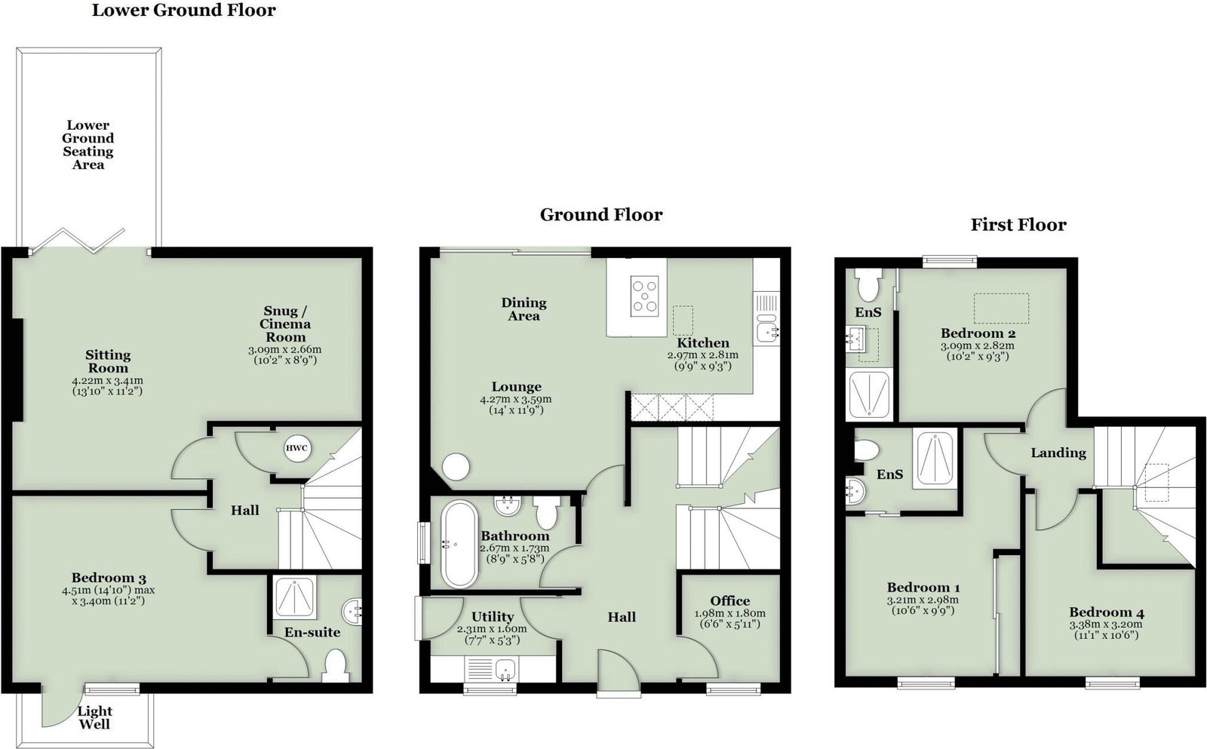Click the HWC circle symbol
pyautogui.click(x=297, y=448)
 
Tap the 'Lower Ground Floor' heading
pyautogui.click(x=184, y=11)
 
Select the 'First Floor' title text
pyautogui.click(x=1018, y=225)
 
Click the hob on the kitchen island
pyautogui.click(x=645, y=294)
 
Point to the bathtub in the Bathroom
pyautogui.click(x=459, y=545)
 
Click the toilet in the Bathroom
pyautogui.click(x=546, y=512)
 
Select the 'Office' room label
pyautogui.click(x=729, y=601)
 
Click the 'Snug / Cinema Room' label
pyautogui.click(x=286, y=324)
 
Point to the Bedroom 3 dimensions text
pyautogui.click(x=109, y=595)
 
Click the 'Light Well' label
pyautogui.click(x=95, y=718)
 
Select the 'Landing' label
pyautogui.click(x=1058, y=453)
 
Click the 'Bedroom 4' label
pyautogui.click(x=1107, y=612)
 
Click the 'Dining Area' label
pyautogui.click(x=524, y=309)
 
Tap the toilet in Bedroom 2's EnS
pyautogui.click(x=868, y=284)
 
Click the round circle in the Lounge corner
pyautogui.click(x=456, y=466)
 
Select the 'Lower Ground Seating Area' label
pyautogui.click(x=88, y=145)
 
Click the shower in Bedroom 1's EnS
pyautogui.click(x=935, y=459)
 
